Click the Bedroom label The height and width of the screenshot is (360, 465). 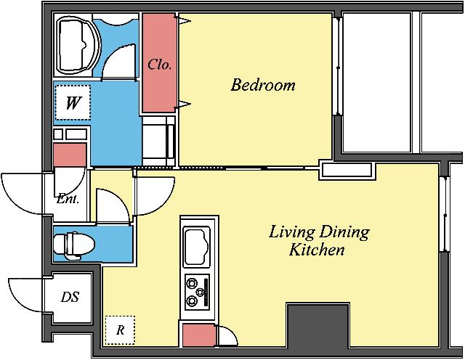(x=263, y=85)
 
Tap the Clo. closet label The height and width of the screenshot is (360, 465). (x=160, y=65)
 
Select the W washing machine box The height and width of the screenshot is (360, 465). (x=73, y=102)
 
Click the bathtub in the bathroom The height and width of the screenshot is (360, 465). (x=78, y=45)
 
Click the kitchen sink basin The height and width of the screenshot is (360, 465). (x=197, y=247)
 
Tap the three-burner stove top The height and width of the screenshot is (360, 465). (x=197, y=292)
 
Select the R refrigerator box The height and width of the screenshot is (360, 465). (x=120, y=330)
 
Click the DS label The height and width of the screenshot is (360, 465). (x=70, y=297)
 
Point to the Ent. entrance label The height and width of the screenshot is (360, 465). (x=68, y=199)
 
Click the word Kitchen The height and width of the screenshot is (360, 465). (x=317, y=250)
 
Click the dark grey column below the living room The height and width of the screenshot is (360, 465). (x=318, y=325)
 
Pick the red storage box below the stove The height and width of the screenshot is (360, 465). (x=198, y=335)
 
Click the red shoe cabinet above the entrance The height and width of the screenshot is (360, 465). (x=70, y=155)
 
